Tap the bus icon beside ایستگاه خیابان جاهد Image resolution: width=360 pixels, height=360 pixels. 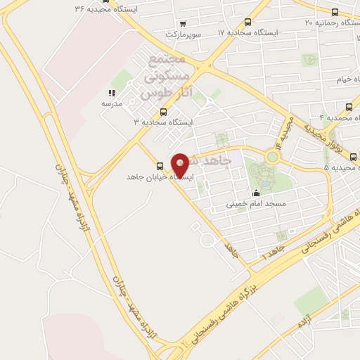(160, 166)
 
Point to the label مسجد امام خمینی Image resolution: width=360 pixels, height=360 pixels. (252, 205)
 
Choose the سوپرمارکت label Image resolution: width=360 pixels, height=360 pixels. (184, 34)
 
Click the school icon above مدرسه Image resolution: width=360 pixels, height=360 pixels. (111, 93)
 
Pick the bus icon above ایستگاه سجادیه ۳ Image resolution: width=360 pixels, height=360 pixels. (164, 112)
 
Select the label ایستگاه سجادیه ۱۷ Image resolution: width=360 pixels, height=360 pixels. (247, 33)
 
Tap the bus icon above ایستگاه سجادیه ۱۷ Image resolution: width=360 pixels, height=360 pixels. (247, 22)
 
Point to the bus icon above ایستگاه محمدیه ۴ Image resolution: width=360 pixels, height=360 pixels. (349, 107)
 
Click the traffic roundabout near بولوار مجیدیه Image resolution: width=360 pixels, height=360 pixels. (271, 156)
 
